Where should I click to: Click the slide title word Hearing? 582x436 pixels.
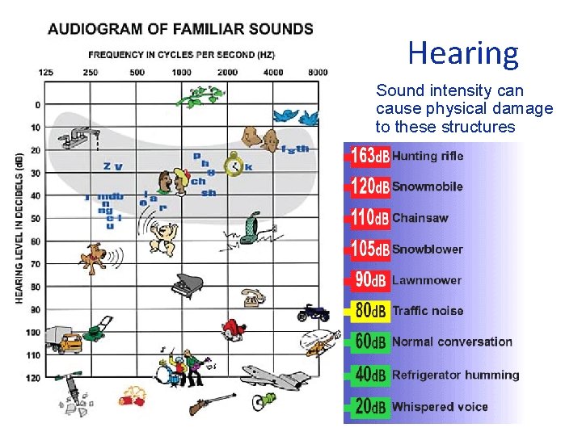[x=463, y=53]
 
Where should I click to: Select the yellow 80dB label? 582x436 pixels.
[x=371, y=311]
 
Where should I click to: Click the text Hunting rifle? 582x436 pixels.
[x=428, y=156]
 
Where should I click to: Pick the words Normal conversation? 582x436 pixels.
[x=452, y=342]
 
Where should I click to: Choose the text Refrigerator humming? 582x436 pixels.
[x=455, y=375]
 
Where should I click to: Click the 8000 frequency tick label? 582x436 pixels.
[x=317, y=72]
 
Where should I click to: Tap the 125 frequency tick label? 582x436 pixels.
[x=46, y=72]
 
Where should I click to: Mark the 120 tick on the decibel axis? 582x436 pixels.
[x=32, y=378]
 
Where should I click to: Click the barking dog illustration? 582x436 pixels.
[x=94, y=257]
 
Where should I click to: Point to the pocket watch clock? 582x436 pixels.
[x=234, y=164]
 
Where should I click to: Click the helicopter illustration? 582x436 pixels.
[x=316, y=344]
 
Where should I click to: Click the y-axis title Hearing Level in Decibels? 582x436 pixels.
[x=19, y=228]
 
